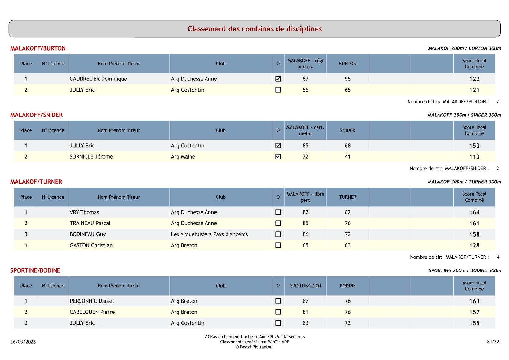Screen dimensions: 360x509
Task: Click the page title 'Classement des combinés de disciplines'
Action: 254,29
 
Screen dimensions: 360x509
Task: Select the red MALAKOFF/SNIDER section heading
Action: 36,115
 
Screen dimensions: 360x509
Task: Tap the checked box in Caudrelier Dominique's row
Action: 278,79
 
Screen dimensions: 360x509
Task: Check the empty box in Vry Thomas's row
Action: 278,212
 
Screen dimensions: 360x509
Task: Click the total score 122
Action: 474,79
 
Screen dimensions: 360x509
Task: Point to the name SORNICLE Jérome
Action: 91,157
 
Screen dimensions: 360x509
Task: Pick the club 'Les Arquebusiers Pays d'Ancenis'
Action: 209,234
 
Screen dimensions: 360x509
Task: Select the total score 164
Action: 474,212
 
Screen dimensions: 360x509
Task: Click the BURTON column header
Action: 347,64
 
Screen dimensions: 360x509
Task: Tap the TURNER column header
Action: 347,197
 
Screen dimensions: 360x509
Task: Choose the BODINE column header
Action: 347,286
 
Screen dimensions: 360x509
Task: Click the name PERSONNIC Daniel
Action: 92,301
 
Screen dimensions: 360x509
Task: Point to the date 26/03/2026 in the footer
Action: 23,342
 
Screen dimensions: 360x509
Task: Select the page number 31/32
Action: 493,342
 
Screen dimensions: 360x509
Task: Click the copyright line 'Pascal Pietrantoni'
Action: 254,347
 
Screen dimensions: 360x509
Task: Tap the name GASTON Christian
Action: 91,245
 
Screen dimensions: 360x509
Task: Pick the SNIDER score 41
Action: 347,157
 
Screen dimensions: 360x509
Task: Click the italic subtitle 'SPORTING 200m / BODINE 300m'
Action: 465,270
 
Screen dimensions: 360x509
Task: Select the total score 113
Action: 474,157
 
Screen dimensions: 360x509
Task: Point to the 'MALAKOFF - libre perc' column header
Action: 305,197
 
